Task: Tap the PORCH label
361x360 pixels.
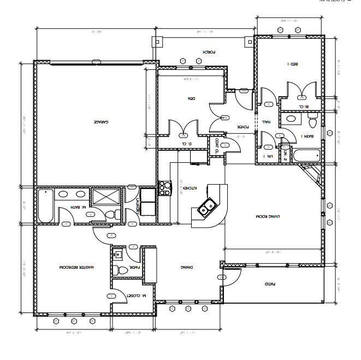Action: click(x=210, y=52)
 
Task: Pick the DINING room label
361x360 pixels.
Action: click(x=187, y=267)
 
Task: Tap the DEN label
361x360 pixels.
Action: click(x=192, y=98)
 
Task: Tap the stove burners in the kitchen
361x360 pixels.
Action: click(x=164, y=188)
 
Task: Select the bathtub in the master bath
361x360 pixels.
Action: click(x=45, y=205)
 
